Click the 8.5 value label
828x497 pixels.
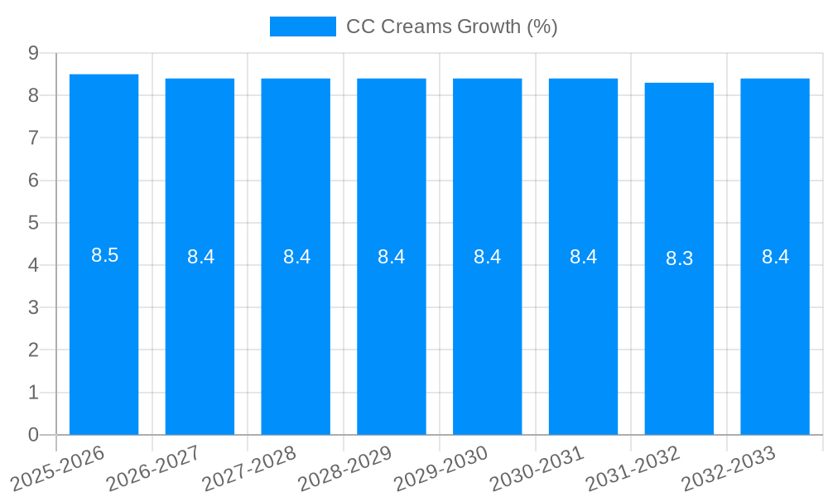tap(105, 255)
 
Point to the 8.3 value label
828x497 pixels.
tap(679, 258)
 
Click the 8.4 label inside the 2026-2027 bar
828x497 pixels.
tap(200, 257)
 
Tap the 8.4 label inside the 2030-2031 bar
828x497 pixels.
tap(583, 257)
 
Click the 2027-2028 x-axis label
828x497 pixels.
tap(249, 468)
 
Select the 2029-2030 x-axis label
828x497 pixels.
tap(440, 468)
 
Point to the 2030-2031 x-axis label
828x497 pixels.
tap(537, 468)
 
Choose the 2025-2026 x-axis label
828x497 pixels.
tap(57, 468)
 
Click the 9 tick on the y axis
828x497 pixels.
tap(33, 53)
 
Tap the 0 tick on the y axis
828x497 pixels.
tap(33, 435)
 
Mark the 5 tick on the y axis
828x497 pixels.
tap(33, 223)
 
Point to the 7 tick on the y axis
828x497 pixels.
tap(33, 138)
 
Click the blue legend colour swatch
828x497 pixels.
tap(302, 27)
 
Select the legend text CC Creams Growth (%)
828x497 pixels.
tap(451, 27)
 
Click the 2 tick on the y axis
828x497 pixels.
tap(33, 350)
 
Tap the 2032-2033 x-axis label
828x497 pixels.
tap(728, 468)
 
